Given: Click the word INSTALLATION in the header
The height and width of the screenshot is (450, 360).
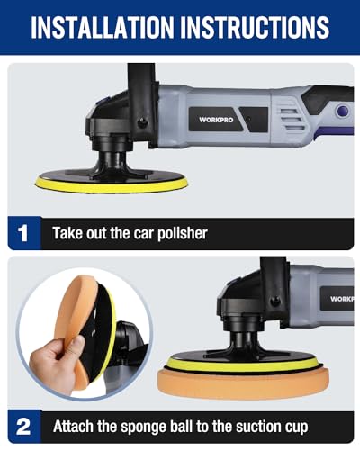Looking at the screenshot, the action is [x=103, y=27].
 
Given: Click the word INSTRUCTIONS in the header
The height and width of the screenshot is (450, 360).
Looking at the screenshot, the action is [x=255, y=27].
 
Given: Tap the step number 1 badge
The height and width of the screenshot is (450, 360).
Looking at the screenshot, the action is [x=23, y=233].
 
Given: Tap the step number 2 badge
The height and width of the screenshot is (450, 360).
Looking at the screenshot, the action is [x=23, y=426].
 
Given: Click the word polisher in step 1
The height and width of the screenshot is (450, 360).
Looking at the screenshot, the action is [x=183, y=234].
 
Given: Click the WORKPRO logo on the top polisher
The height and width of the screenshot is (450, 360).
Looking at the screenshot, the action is [x=216, y=120].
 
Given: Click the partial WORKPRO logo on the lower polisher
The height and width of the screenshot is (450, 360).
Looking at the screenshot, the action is [x=342, y=299].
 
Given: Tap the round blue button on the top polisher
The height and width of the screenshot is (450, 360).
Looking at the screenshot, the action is [x=343, y=112].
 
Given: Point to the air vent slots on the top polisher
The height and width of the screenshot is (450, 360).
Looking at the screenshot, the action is [x=291, y=120].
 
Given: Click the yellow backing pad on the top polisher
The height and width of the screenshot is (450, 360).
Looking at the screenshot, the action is [x=112, y=185].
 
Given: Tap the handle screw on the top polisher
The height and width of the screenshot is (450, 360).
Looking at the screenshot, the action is [x=142, y=122].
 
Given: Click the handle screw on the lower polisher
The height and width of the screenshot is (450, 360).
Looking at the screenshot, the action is [x=274, y=300].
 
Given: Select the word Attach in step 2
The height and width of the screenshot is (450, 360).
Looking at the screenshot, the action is [x=73, y=426].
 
